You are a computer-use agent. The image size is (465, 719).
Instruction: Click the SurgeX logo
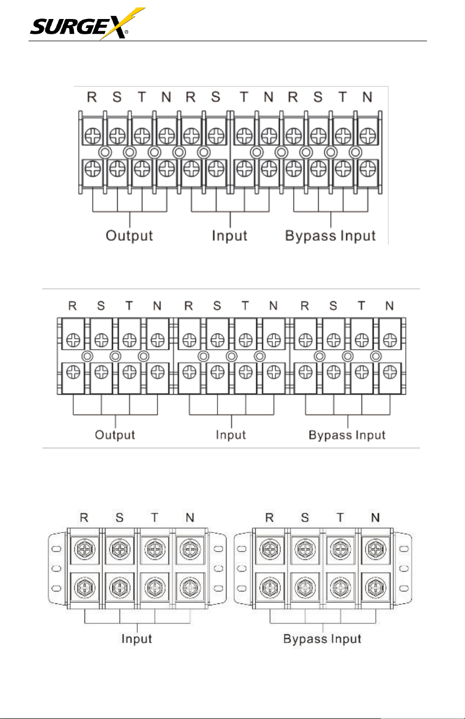click(x=88, y=24)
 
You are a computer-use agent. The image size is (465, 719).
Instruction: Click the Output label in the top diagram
click(x=129, y=236)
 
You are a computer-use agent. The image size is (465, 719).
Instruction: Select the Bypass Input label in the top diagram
click(x=330, y=236)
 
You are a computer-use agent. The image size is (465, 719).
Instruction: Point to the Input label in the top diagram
click(x=230, y=236)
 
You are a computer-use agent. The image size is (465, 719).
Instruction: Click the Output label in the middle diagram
click(x=115, y=435)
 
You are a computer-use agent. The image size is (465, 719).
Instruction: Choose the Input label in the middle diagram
click(x=231, y=435)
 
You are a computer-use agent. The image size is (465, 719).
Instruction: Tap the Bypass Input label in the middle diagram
click(x=347, y=435)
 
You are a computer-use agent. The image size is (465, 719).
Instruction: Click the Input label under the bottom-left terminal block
click(x=137, y=639)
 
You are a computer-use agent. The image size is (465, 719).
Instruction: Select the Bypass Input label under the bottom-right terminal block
click(x=322, y=639)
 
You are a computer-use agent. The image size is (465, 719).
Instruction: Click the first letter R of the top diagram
click(x=92, y=97)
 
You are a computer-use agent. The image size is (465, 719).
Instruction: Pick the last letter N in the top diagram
click(x=367, y=97)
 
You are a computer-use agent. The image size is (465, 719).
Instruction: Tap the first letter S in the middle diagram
click(x=101, y=306)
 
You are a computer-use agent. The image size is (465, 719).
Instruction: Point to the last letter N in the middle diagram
click(x=390, y=306)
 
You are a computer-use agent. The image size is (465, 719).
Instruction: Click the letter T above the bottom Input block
click(x=155, y=517)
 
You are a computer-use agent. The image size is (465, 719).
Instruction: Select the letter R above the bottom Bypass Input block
click(x=269, y=517)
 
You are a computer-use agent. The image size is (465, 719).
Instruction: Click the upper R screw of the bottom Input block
click(x=84, y=549)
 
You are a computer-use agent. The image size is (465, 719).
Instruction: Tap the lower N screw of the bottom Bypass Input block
click(x=375, y=587)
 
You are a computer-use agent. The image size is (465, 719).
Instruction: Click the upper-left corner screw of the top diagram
click(x=93, y=136)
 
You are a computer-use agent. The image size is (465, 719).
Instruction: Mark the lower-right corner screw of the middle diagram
click(x=390, y=372)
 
